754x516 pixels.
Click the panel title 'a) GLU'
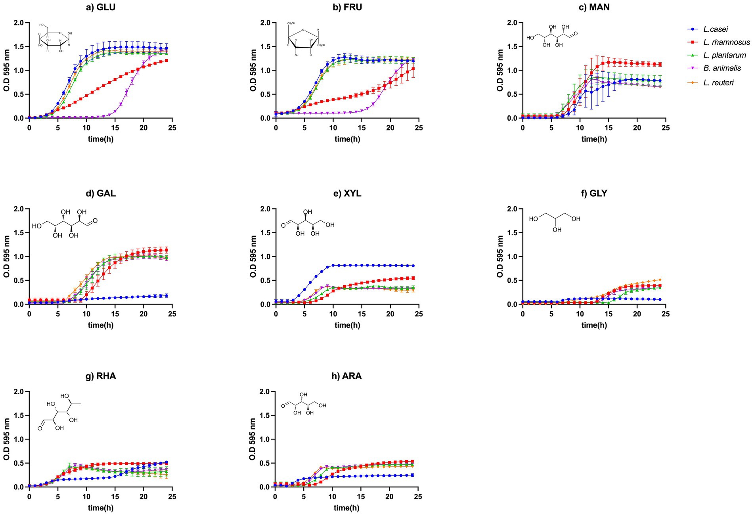coord(101,7)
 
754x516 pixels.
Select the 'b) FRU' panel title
coord(347,7)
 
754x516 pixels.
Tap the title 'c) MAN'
coord(594,7)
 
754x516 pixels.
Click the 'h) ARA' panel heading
coord(346,376)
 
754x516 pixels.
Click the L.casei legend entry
coord(715,29)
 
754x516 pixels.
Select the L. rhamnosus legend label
coord(726,42)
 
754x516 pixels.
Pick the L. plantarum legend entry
coord(725,55)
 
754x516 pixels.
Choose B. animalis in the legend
coord(722,68)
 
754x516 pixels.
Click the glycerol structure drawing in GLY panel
coord(554,223)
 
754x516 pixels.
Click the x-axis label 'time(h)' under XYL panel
coord(347,325)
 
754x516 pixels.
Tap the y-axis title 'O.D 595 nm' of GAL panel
coord(7,257)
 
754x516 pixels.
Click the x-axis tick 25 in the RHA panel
coord(172,497)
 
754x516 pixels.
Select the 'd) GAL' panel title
coord(101,194)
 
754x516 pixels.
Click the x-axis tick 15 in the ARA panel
coord(361,497)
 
